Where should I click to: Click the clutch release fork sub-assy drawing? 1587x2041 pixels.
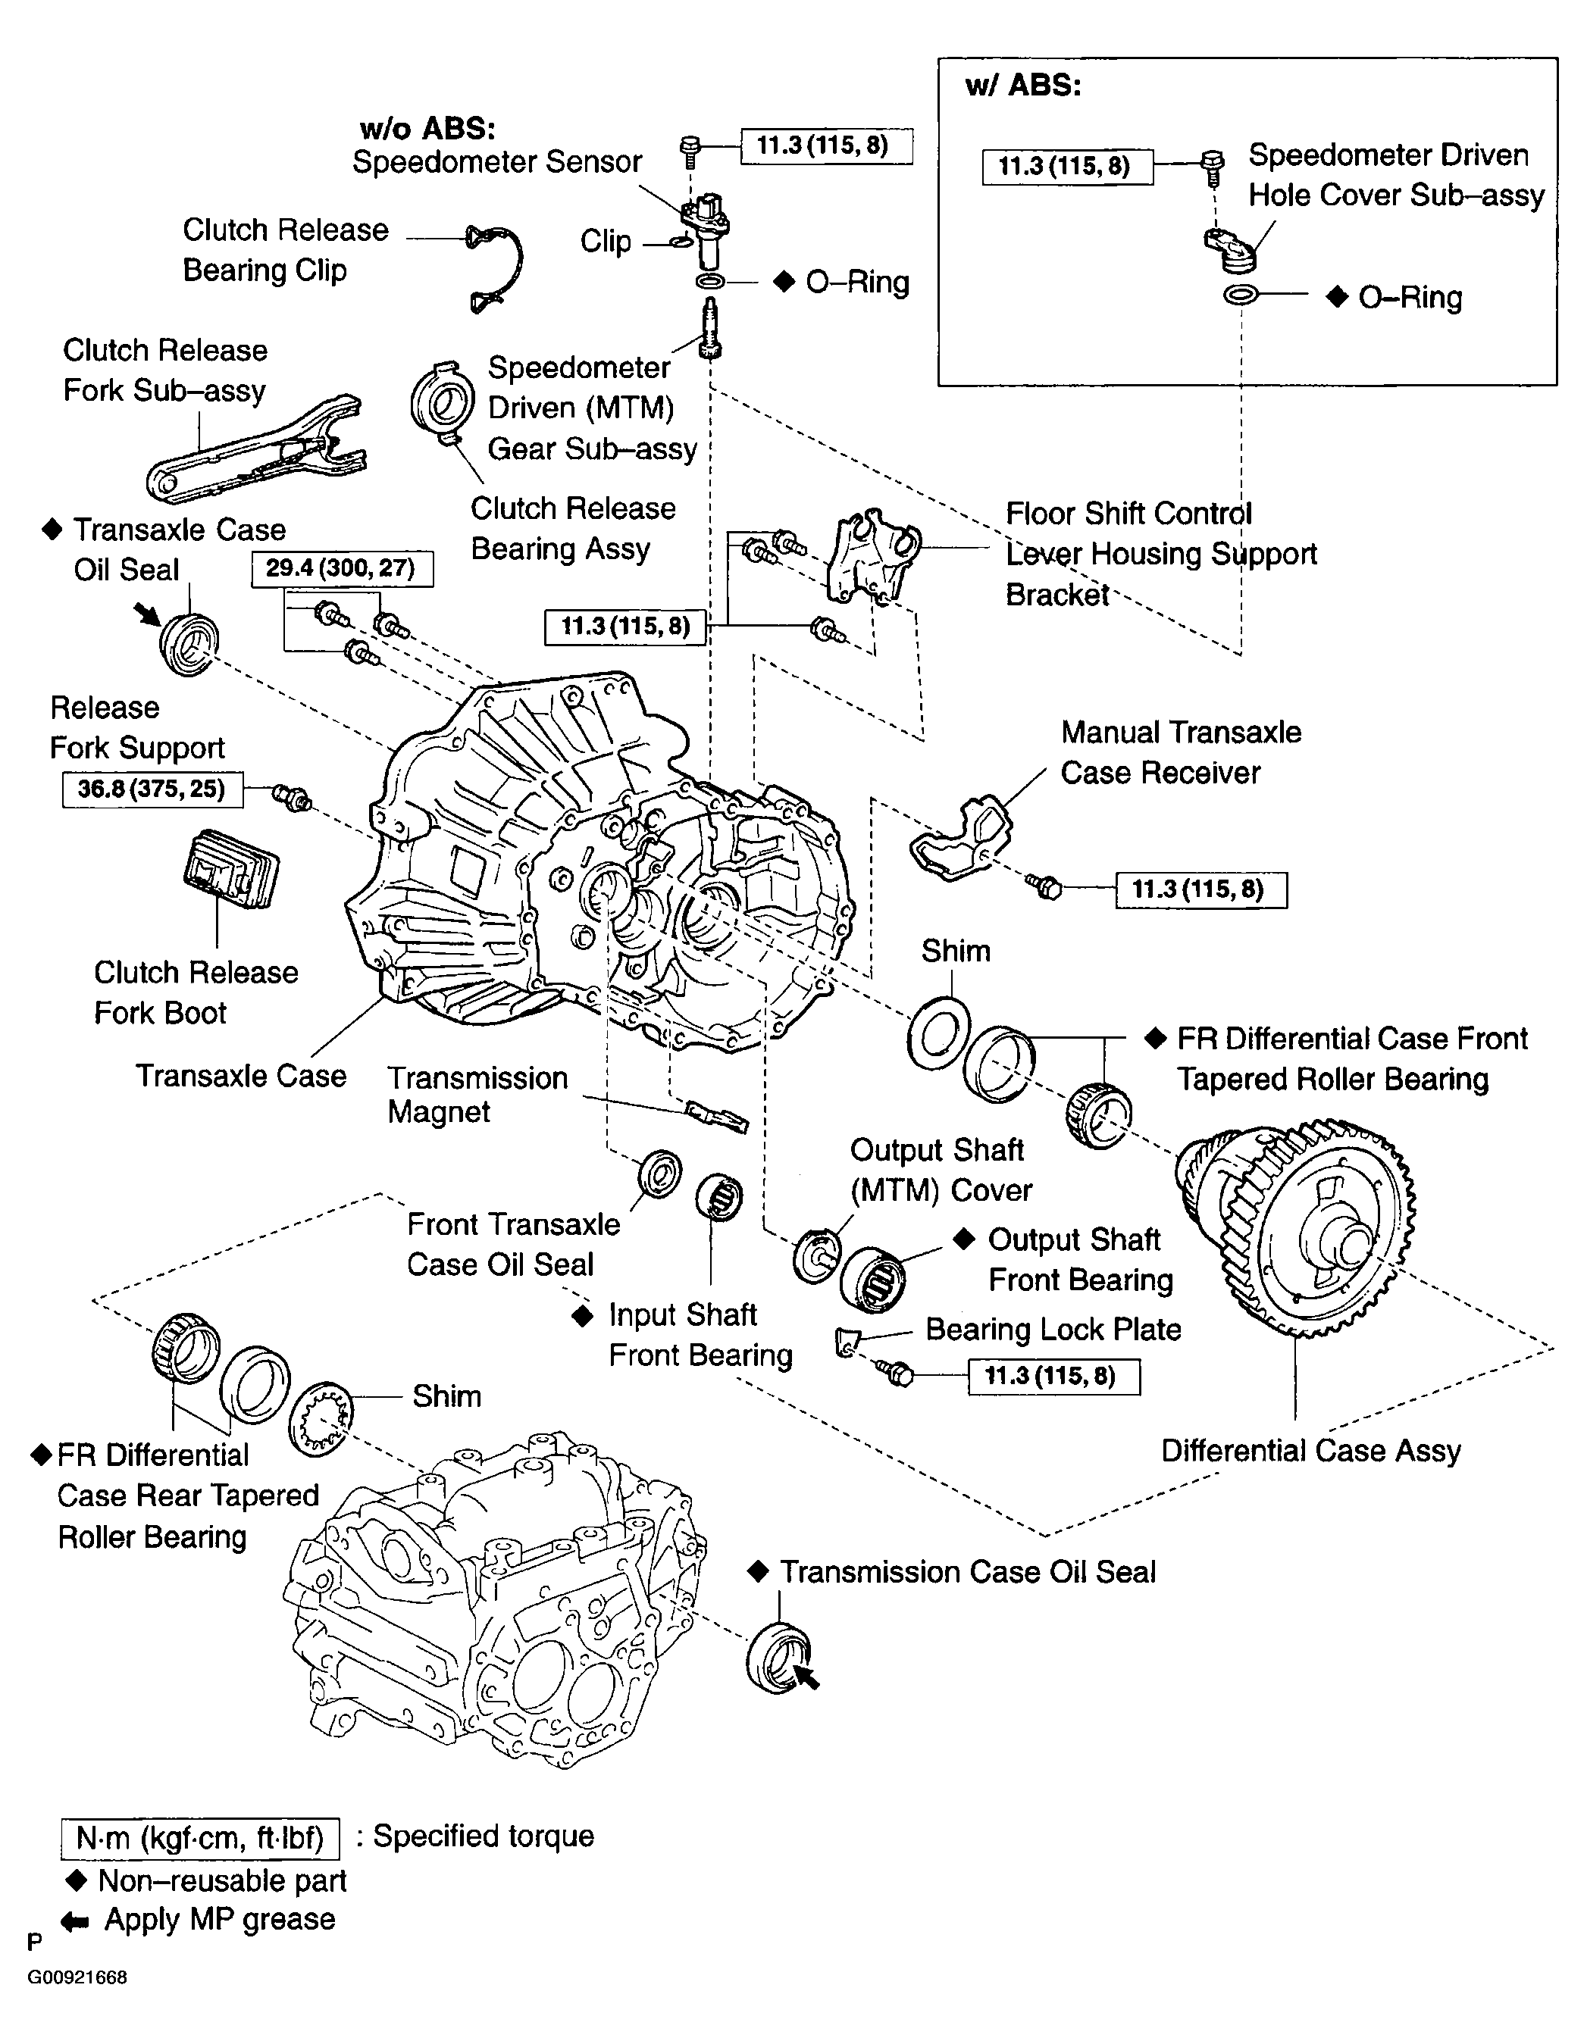254,452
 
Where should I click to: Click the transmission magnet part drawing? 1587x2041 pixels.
717,1116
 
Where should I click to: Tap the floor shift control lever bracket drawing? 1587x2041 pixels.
873,555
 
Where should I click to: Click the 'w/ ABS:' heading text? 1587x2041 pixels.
1022,86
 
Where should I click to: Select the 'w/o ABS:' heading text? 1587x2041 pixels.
427,128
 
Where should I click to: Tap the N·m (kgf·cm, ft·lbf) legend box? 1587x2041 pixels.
199,1838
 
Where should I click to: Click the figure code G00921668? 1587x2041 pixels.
77,1977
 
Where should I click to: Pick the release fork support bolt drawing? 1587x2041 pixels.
292,798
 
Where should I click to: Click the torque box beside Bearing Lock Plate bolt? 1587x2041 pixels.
1053,1377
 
